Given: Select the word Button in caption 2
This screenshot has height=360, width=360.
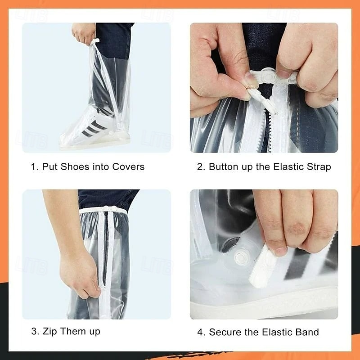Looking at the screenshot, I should click(225, 166).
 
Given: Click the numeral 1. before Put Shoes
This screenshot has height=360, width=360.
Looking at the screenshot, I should click(34, 166).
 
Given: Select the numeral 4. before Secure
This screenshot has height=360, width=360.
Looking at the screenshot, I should click(201, 332).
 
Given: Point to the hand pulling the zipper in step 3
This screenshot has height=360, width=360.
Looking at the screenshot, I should click(81, 270).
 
